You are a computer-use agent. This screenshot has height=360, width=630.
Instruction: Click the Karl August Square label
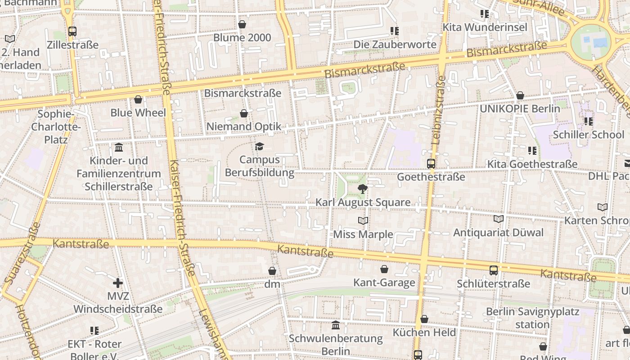[x=363, y=202]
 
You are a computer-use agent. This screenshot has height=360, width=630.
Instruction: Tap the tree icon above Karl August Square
[x=363, y=189]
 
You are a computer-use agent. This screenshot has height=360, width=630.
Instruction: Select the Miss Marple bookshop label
[x=363, y=234]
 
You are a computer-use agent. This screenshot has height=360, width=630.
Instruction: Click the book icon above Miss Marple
[x=363, y=220]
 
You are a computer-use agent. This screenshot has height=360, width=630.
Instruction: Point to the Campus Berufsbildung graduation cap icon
[x=259, y=146]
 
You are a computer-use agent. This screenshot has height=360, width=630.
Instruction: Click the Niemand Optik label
[x=243, y=127]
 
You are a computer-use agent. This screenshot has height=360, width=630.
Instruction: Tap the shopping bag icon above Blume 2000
[x=242, y=24]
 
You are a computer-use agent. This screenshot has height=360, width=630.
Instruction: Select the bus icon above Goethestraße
[x=431, y=163]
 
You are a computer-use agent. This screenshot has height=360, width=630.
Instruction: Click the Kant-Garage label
[x=384, y=283]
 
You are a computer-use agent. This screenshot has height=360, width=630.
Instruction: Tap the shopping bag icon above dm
[x=272, y=271]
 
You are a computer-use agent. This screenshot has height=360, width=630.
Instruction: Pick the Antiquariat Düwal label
[x=498, y=233]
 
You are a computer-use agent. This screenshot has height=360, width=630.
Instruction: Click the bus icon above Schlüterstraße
[x=493, y=270]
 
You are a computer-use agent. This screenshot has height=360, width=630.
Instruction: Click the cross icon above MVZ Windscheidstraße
[x=118, y=283]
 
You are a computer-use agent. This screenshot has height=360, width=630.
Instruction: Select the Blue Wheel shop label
[x=138, y=112]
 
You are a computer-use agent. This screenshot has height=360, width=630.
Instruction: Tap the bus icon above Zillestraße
[x=72, y=31]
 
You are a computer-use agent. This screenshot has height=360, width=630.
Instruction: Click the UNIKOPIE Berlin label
[x=520, y=108]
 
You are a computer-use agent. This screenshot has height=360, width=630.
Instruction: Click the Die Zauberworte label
[x=395, y=45]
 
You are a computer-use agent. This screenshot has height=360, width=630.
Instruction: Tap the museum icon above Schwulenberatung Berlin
[x=335, y=325]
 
